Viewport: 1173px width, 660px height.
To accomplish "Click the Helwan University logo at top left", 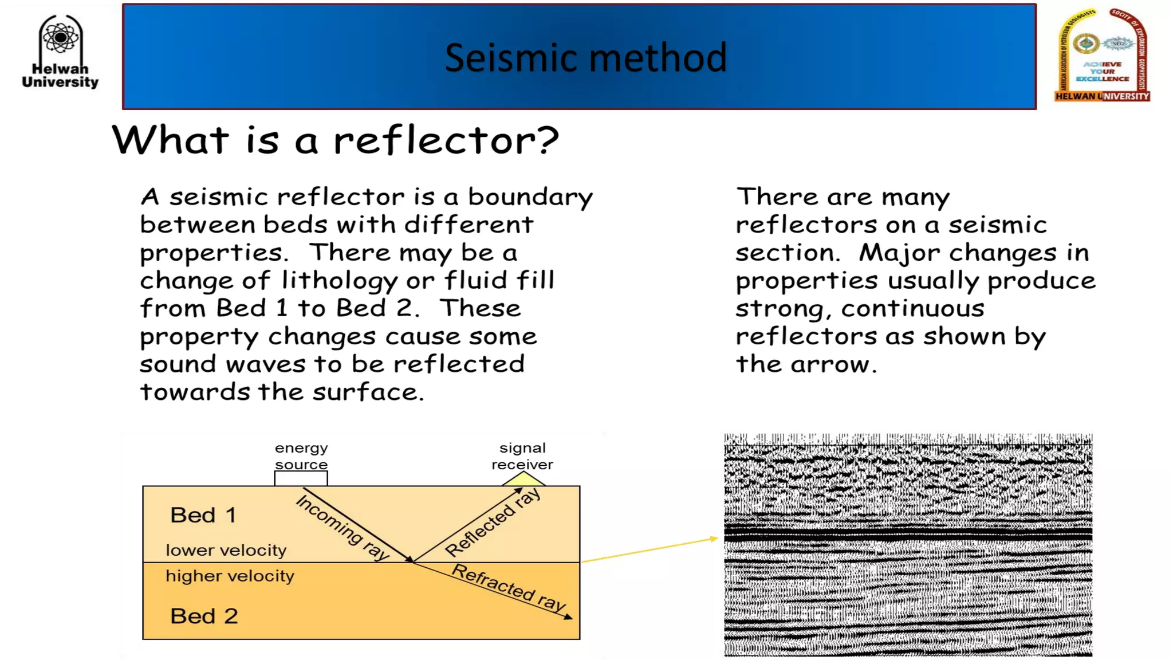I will point(60,52).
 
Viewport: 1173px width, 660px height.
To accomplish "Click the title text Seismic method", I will point(585,58).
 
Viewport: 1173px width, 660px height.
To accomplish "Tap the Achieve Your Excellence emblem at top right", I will point(1102,56).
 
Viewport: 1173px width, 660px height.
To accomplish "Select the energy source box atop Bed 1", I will point(301,478).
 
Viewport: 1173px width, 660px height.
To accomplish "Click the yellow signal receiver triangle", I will point(523,479).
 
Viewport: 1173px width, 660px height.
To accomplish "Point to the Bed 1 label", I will point(203,515).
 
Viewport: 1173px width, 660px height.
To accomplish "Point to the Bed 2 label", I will point(204,616).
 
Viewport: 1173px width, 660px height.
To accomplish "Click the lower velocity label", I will point(226,550).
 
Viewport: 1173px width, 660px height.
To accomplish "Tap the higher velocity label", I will point(230,576).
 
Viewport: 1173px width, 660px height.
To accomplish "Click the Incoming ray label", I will point(343,527).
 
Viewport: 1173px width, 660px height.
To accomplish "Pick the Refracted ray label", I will point(509,587).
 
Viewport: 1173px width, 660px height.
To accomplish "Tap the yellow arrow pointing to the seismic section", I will point(650,550).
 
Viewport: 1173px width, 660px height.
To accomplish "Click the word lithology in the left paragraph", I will point(339,281).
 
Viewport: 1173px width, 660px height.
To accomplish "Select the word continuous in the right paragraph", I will point(912,309).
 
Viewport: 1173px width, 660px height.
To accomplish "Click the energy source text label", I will point(301,456).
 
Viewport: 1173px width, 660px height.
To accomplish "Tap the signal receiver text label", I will point(522,456).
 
